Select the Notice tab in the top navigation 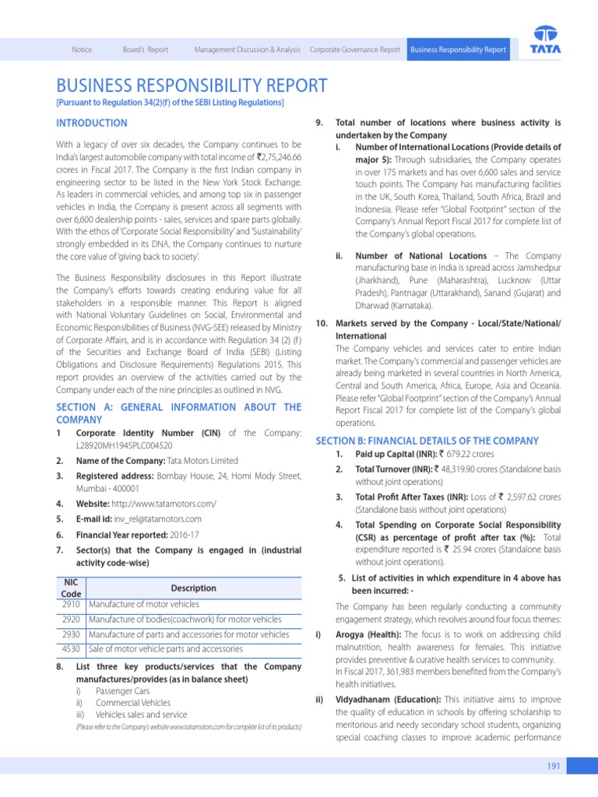tap(82, 50)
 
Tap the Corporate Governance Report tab tap(355, 50)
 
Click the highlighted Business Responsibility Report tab tap(458, 50)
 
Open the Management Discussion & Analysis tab tap(247, 50)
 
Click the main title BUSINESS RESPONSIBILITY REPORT tap(192, 86)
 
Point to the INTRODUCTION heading tap(92, 123)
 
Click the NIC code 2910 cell tap(71, 604)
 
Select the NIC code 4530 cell tap(71, 648)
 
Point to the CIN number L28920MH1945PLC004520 tap(125, 446)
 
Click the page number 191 tap(554, 767)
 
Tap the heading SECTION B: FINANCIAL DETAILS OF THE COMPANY tap(427, 441)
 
